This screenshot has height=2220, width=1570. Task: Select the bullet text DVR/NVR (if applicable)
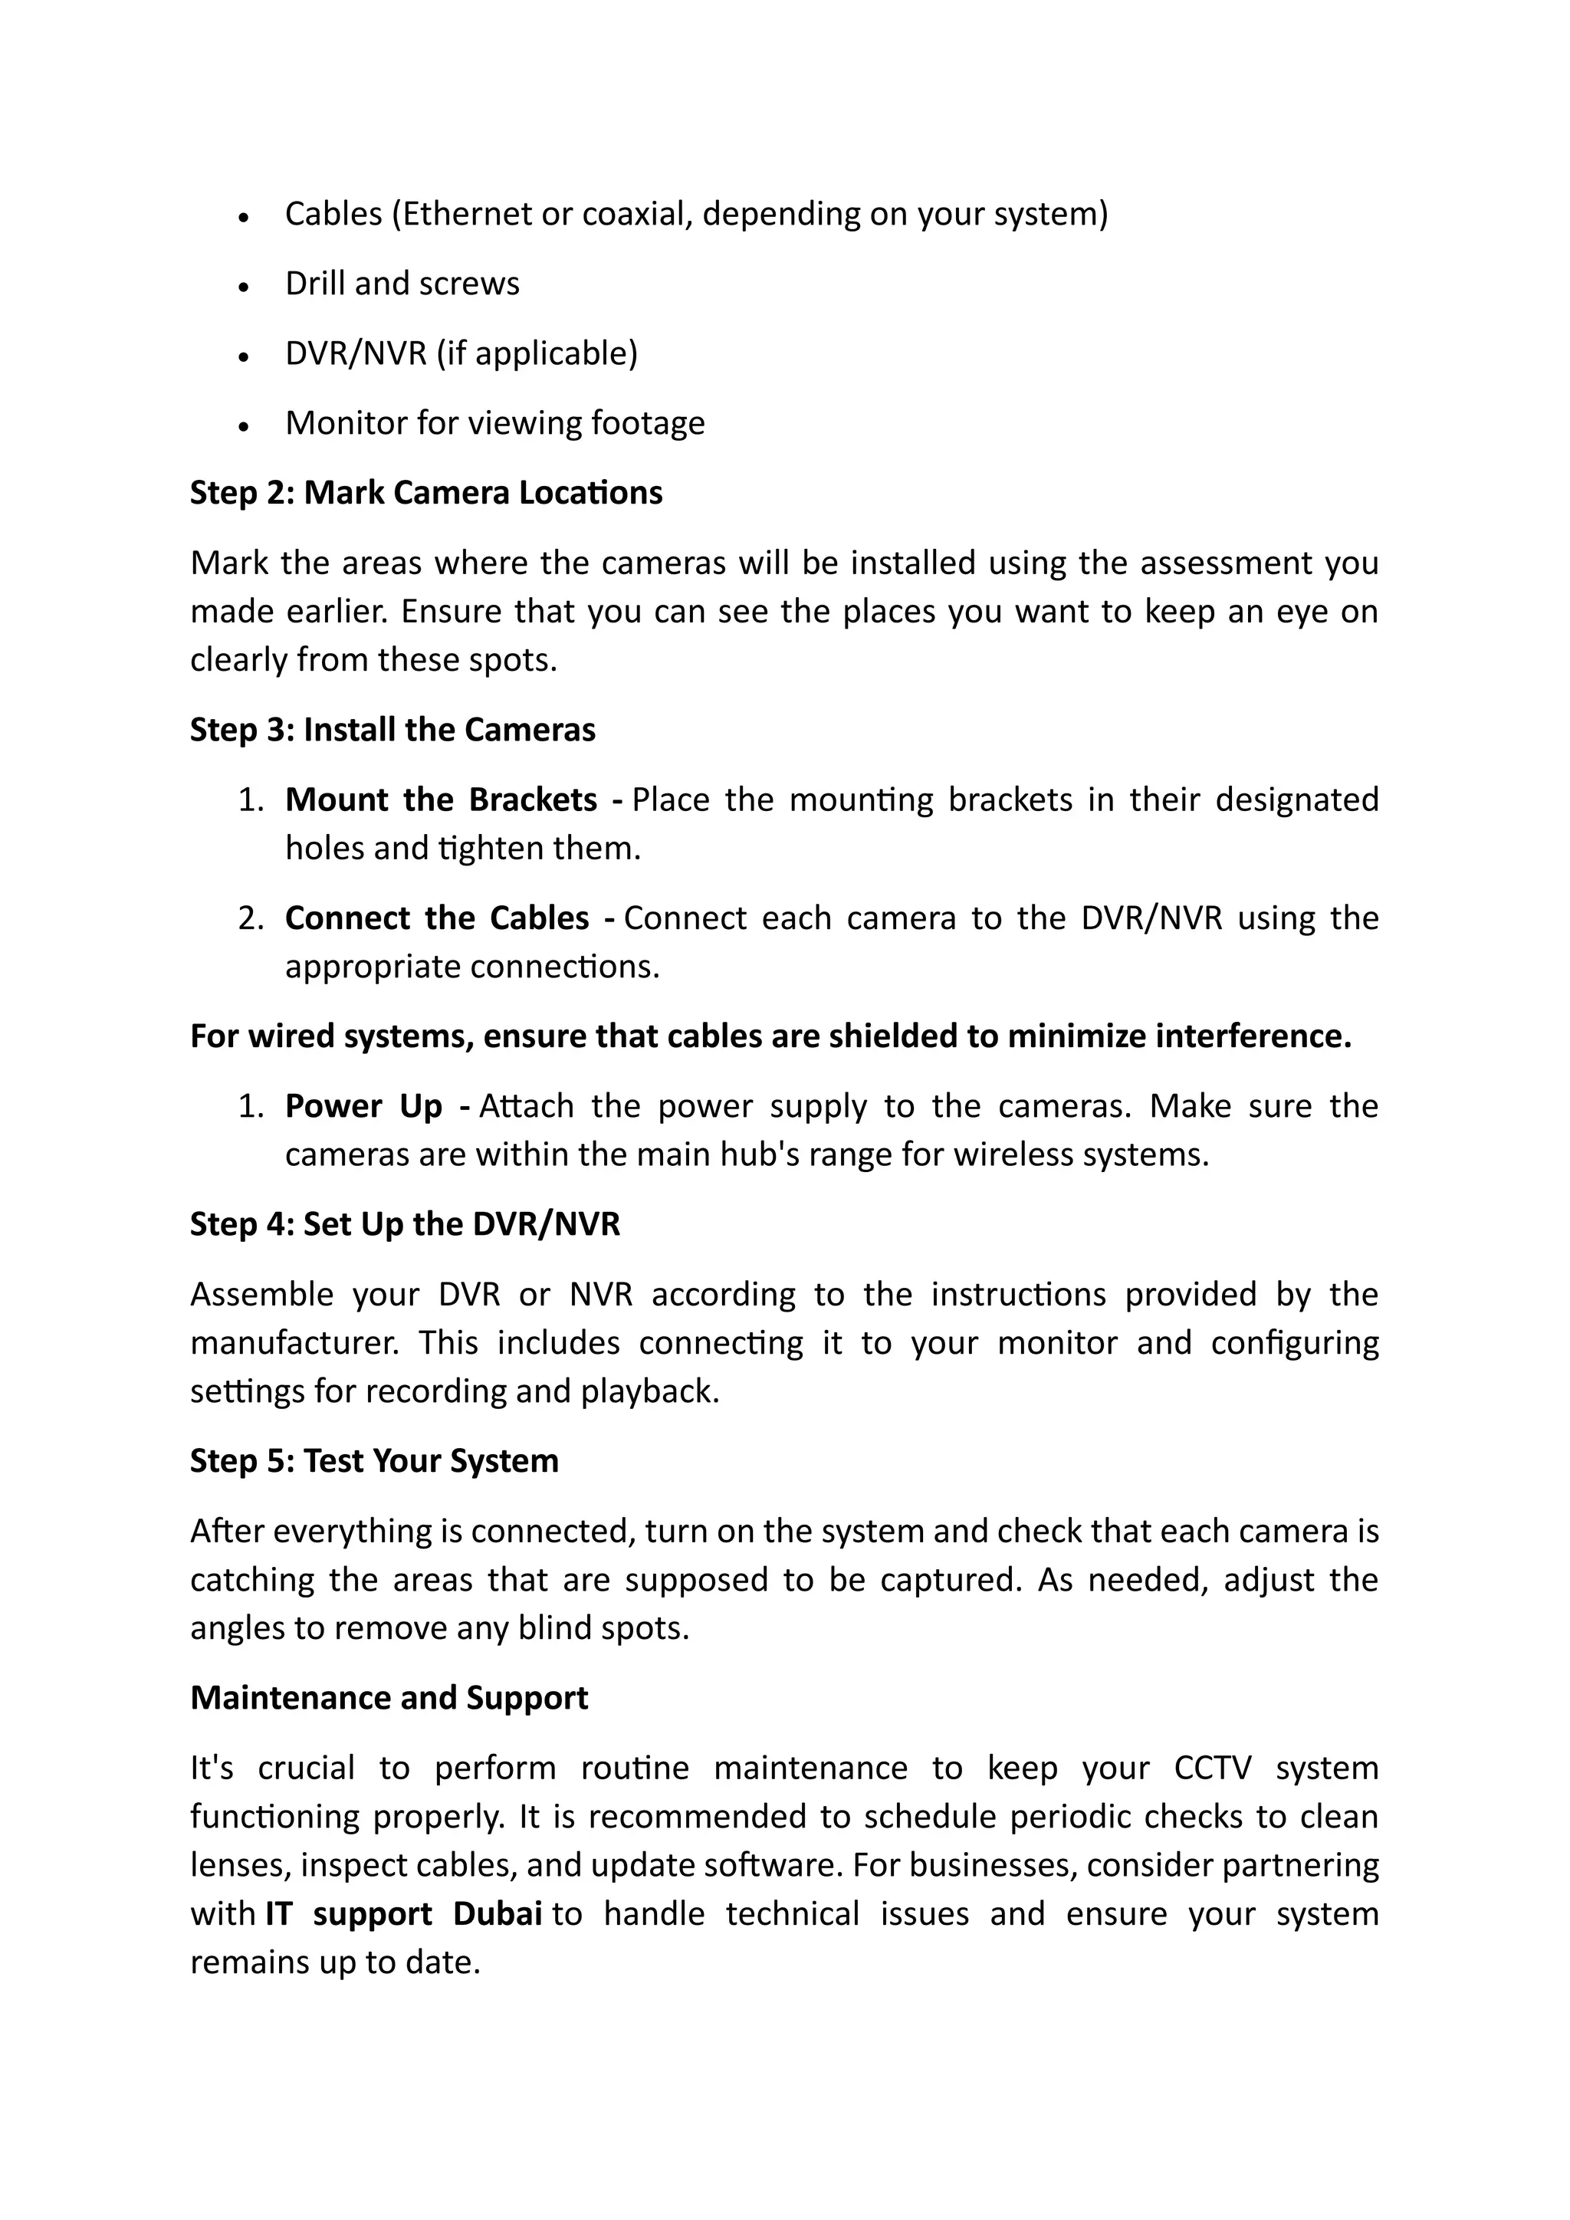click(x=461, y=354)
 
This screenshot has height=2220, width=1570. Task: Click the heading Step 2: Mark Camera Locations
click(x=425, y=493)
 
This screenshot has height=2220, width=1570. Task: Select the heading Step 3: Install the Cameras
click(x=392, y=730)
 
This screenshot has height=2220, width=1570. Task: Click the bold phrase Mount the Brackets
click(x=441, y=800)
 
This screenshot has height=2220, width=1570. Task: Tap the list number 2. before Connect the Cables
click(x=251, y=918)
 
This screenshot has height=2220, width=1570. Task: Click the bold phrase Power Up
click(x=363, y=1106)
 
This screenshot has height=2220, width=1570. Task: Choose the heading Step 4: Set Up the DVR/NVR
click(x=404, y=1224)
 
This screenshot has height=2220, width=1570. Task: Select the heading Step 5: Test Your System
click(x=373, y=1461)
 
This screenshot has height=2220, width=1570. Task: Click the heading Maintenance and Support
click(x=389, y=1698)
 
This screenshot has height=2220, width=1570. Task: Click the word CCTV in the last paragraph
click(x=1212, y=1768)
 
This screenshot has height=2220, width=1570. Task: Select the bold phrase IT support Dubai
click(x=403, y=1913)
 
